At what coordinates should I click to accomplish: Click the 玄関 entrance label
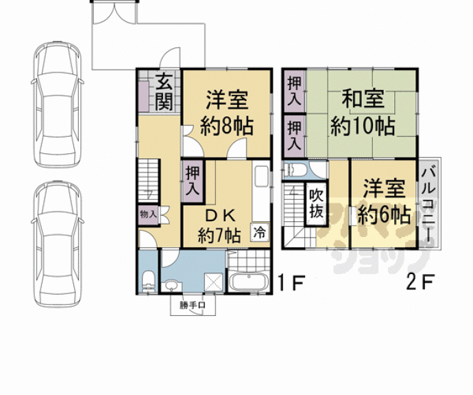[165, 92]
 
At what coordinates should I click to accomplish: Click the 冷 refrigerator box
[260, 232]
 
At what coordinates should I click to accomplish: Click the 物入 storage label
[148, 214]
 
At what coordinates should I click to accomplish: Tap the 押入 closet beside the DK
[192, 179]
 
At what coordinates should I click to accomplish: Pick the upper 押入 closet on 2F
[293, 90]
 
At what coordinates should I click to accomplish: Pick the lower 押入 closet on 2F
[293, 135]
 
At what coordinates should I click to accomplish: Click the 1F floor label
[288, 282]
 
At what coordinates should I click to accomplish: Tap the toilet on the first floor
[147, 281]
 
